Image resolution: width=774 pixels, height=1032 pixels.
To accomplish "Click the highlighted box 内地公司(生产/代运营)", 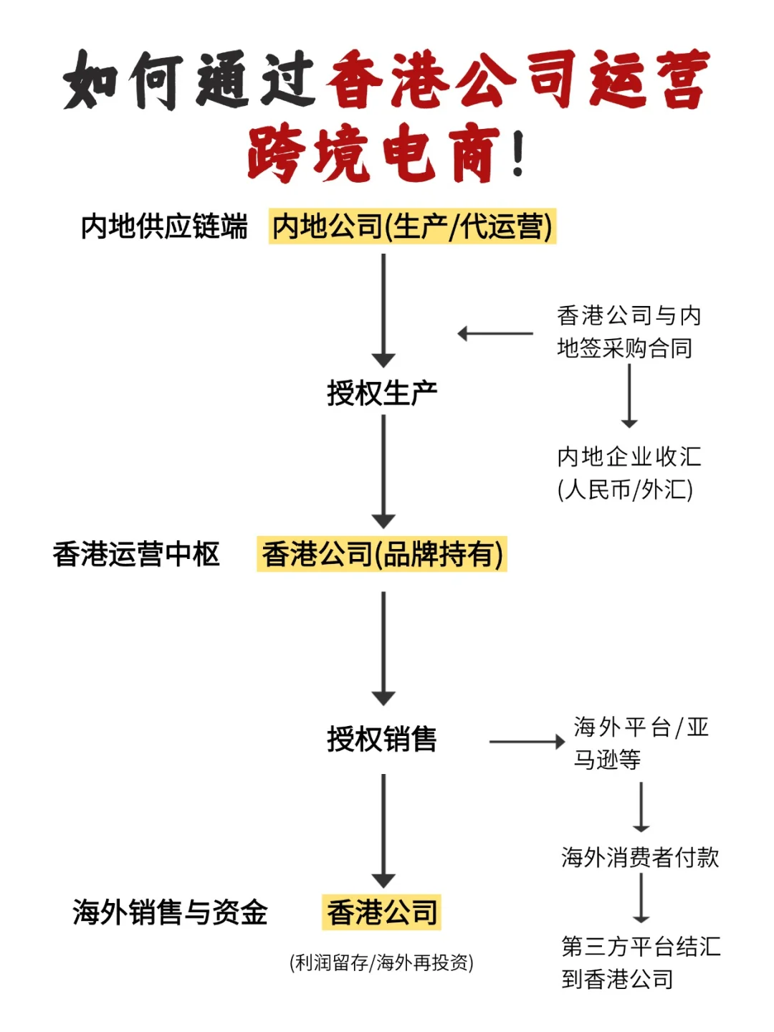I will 412,226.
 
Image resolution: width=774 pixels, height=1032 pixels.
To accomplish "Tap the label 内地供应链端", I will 164,226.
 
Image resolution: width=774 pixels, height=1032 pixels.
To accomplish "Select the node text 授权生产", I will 382,393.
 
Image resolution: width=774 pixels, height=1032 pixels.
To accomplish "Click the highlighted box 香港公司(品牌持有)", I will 382,554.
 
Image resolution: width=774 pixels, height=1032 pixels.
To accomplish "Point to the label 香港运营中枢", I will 136,554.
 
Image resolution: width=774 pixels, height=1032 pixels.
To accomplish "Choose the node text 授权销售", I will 382,739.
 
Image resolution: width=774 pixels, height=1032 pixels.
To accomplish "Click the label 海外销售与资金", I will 170,912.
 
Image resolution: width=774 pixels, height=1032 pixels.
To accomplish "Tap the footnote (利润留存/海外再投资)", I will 381,962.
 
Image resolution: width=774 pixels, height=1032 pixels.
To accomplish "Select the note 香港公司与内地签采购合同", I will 629,332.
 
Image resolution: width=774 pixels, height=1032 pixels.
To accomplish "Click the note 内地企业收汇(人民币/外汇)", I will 629,473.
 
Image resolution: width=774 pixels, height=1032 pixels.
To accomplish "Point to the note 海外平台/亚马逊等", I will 641,743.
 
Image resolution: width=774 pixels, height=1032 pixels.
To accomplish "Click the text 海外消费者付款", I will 640,857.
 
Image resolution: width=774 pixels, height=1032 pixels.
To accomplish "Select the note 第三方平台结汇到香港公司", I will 640,962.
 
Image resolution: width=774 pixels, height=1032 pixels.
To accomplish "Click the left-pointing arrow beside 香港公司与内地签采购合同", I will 495,333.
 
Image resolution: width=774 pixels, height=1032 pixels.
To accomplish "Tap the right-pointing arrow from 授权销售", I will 527,742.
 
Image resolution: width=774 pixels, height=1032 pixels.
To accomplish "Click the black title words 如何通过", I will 190,80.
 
